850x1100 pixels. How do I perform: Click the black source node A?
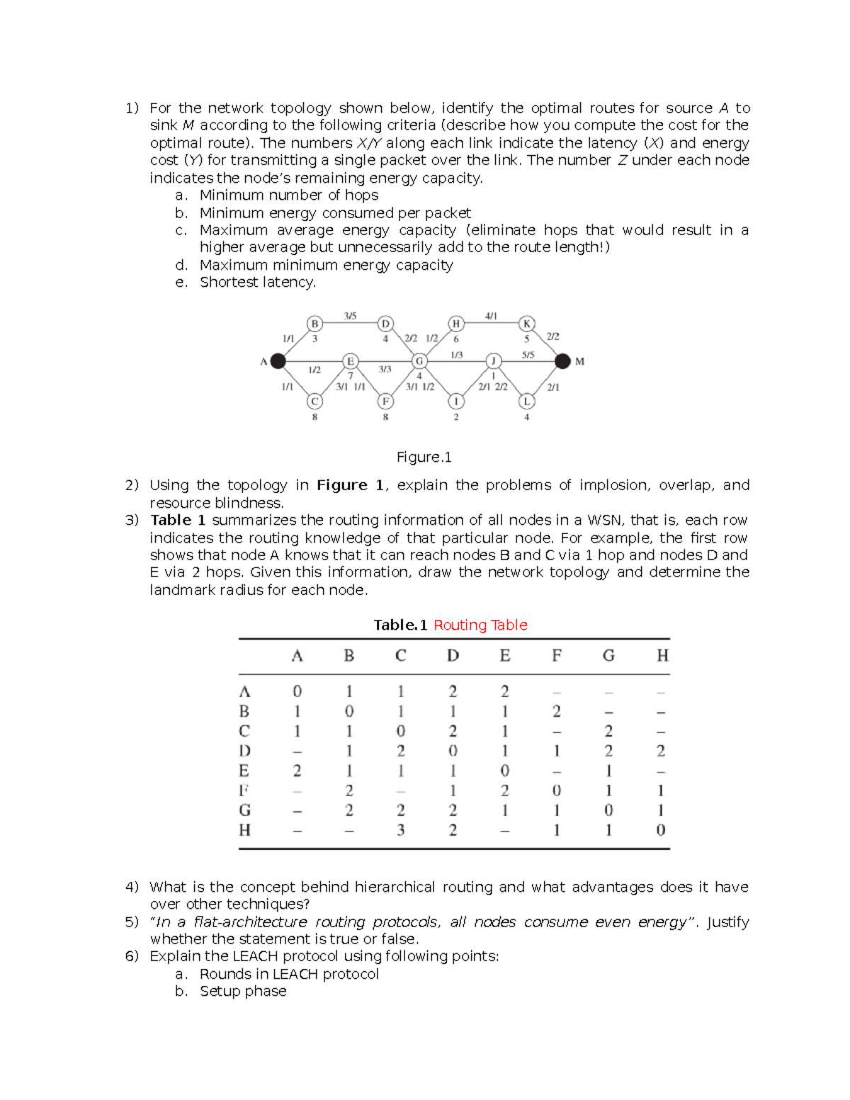point(278,361)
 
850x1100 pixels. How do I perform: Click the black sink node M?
point(562,361)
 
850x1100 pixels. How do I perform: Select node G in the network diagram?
point(419,361)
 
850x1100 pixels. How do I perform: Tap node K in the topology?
point(526,324)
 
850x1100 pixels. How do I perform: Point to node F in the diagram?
point(385,402)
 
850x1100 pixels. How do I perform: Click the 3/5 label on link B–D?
point(350,316)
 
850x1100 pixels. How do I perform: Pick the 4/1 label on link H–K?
point(491,316)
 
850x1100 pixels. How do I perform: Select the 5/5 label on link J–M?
point(528,355)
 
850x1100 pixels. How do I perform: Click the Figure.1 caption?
point(424,457)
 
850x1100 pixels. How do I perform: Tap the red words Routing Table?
point(480,625)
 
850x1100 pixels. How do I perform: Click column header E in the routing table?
point(504,656)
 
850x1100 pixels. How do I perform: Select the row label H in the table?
point(244,829)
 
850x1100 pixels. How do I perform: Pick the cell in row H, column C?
point(401,829)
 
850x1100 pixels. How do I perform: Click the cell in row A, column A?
point(297,691)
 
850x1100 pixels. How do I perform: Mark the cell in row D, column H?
point(660,751)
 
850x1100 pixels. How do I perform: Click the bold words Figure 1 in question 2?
point(350,485)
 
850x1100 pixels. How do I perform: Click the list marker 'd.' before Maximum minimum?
point(181,265)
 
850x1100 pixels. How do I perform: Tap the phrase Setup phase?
point(243,991)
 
